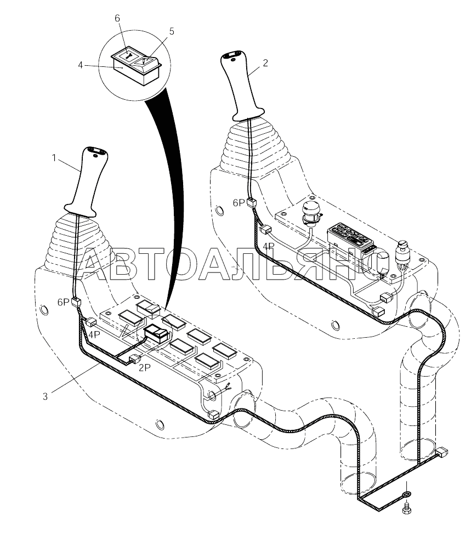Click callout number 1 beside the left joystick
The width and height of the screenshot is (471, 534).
coord(54,158)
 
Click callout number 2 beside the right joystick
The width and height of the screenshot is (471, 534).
coord(265,63)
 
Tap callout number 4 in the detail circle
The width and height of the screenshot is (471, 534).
coord(81,65)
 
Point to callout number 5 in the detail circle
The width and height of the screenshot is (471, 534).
coord(172,31)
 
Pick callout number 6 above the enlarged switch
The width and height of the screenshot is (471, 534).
coord(117,19)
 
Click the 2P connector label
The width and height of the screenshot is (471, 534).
coord(144,368)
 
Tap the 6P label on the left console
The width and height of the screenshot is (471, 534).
coord(64,302)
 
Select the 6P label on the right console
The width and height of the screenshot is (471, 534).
coord(239,203)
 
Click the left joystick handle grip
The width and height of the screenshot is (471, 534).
coord(88,182)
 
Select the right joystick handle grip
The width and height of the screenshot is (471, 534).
coord(244,87)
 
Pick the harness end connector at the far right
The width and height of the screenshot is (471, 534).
coord(442,452)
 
